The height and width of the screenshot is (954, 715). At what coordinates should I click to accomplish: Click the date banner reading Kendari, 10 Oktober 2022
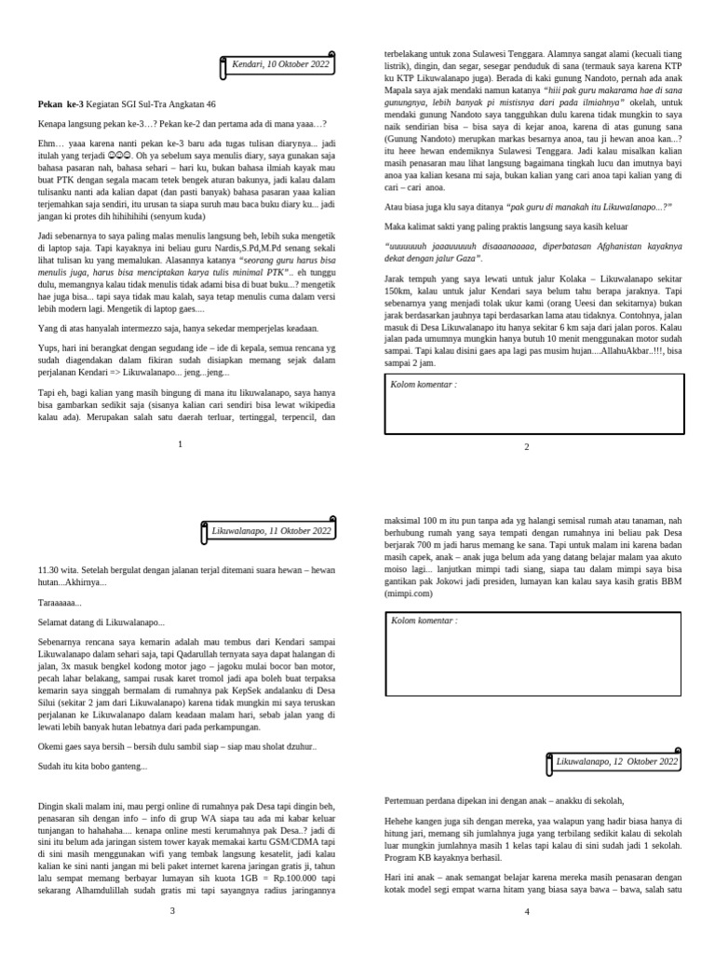click(x=279, y=64)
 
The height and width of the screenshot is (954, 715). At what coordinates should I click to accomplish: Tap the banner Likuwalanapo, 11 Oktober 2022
click(x=270, y=531)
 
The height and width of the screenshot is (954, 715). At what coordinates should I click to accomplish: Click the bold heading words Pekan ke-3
click(x=61, y=105)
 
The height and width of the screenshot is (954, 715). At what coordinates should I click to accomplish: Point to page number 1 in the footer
click(x=180, y=444)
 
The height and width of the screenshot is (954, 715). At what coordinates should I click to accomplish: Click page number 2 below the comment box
click(x=526, y=447)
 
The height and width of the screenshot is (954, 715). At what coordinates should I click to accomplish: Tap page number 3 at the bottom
click(x=171, y=910)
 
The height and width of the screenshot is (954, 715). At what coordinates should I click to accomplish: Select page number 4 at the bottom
click(x=526, y=910)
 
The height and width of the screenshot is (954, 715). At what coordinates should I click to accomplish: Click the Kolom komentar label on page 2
click(x=424, y=384)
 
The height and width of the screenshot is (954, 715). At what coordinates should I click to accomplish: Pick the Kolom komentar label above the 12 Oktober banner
click(x=424, y=620)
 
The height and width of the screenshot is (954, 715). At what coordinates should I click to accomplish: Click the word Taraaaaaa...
click(x=60, y=603)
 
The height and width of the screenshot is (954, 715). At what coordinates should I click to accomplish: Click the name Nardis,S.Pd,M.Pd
click(x=229, y=225)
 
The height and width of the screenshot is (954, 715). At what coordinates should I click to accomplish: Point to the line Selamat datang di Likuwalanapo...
click(x=101, y=622)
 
